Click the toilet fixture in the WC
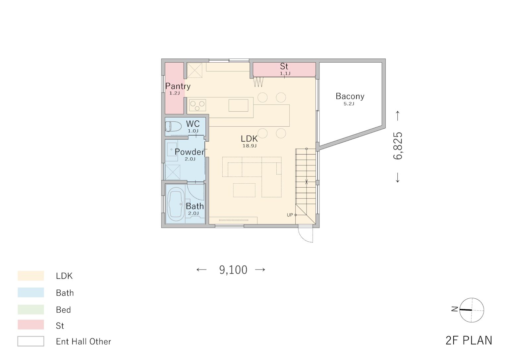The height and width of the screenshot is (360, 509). pos(173,126)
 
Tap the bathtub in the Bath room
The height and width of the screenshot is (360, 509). pos(176,204)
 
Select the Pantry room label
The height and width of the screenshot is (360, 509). pos(178,86)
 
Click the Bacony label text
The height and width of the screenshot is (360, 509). pos(350,96)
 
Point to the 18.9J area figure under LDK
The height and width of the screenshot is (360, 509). pos(249,146)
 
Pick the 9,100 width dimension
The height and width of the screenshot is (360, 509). pos(233,270)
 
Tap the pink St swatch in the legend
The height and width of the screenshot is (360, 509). pos(31,325)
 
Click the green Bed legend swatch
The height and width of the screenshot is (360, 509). pos(31,310)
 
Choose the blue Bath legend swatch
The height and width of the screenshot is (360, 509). pos(31,292)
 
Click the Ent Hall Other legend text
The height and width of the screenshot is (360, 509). pos(84,341)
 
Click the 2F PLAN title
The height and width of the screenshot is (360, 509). pos(469,341)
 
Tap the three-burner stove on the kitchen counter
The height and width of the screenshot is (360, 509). pos(197,105)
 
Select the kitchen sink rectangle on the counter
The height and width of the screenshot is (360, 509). pos(238,105)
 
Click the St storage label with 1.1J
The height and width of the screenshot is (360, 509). pos(284,69)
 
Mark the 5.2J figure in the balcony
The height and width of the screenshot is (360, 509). pos(349,104)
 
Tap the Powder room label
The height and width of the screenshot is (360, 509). pos(190,152)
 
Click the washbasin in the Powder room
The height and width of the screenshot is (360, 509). pos(171,150)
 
